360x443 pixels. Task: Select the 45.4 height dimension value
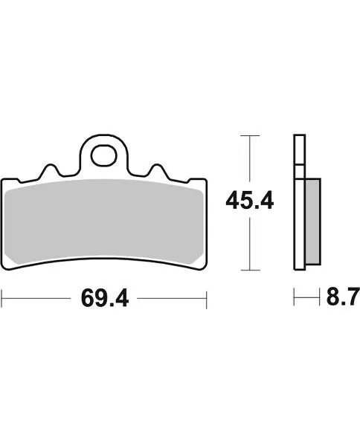(x=249, y=201)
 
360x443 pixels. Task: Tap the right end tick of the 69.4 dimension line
(x=207, y=299)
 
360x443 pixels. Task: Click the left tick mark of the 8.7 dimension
(x=295, y=299)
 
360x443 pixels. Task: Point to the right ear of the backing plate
(x=201, y=185)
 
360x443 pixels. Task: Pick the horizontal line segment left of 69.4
(x=37, y=299)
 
